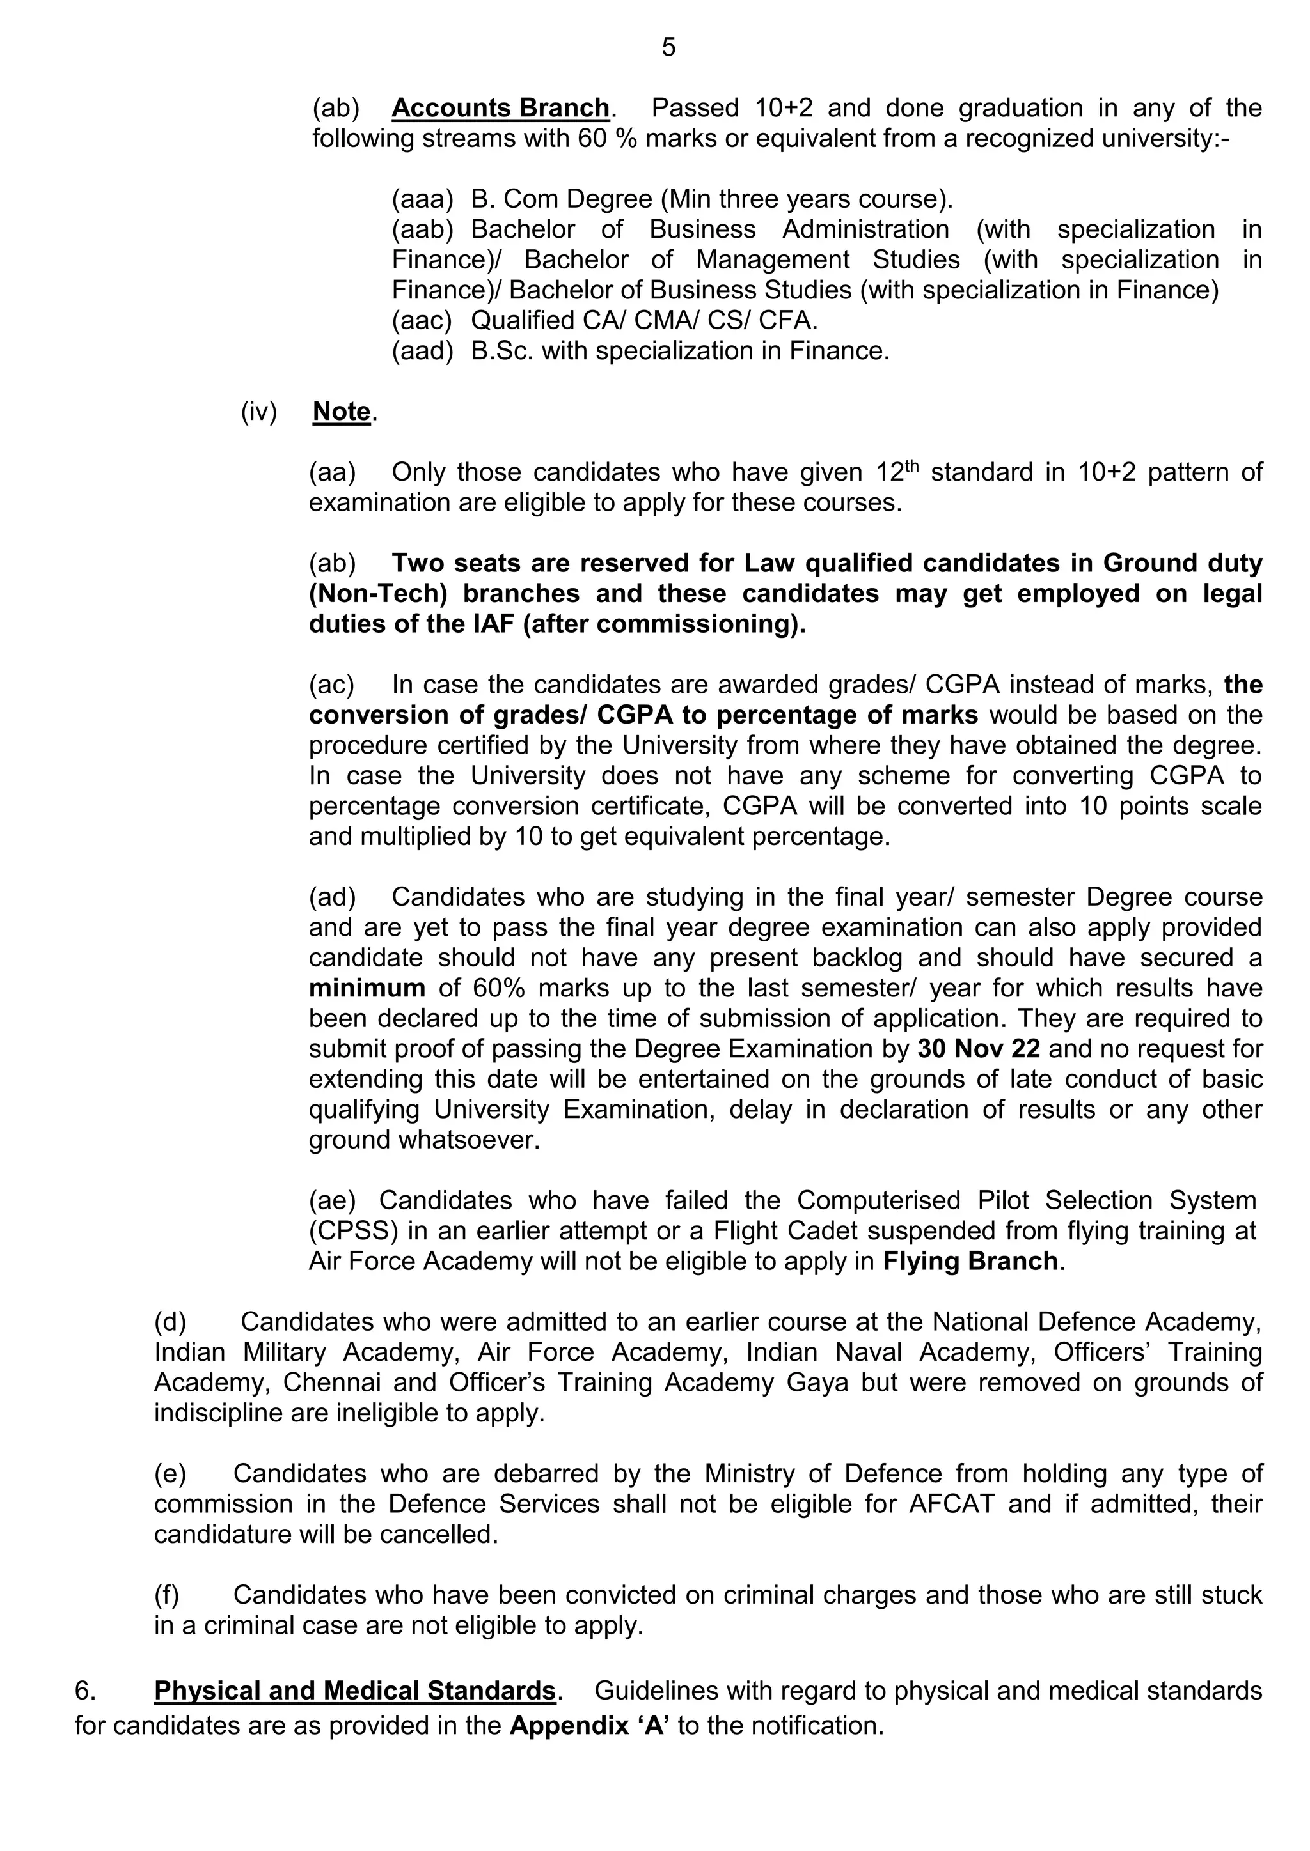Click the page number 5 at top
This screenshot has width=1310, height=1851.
(x=668, y=47)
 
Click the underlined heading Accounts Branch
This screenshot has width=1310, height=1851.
(x=500, y=108)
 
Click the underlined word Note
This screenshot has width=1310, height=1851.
(x=341, y=412)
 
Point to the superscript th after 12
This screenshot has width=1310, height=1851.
(x=911, y=465)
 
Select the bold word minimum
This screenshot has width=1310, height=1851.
(x=367, y=988)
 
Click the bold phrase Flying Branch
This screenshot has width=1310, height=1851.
(x=970, y=1261)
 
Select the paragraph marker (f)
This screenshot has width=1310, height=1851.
(x=167, y=1595)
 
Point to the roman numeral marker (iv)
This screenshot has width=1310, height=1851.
(x=258, y=412)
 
